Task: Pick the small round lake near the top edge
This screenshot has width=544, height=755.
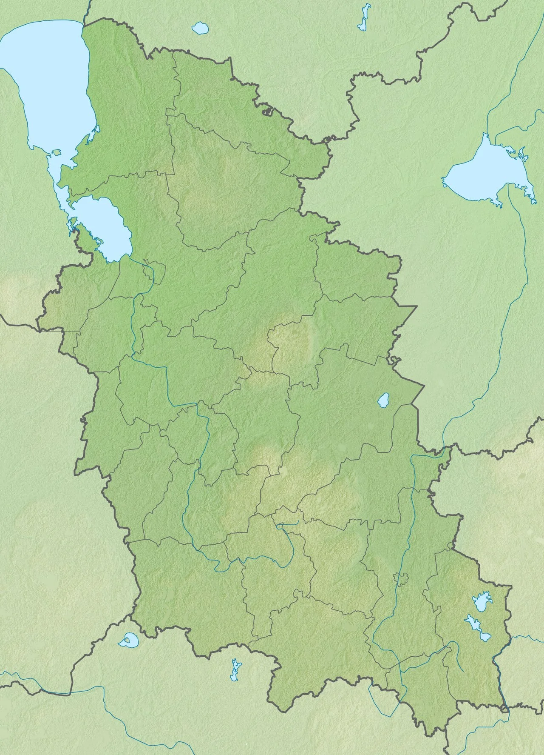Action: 199,29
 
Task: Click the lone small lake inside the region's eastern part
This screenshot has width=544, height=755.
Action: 384,400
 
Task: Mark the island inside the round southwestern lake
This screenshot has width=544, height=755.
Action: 127,639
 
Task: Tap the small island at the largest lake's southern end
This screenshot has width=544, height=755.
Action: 55,152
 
